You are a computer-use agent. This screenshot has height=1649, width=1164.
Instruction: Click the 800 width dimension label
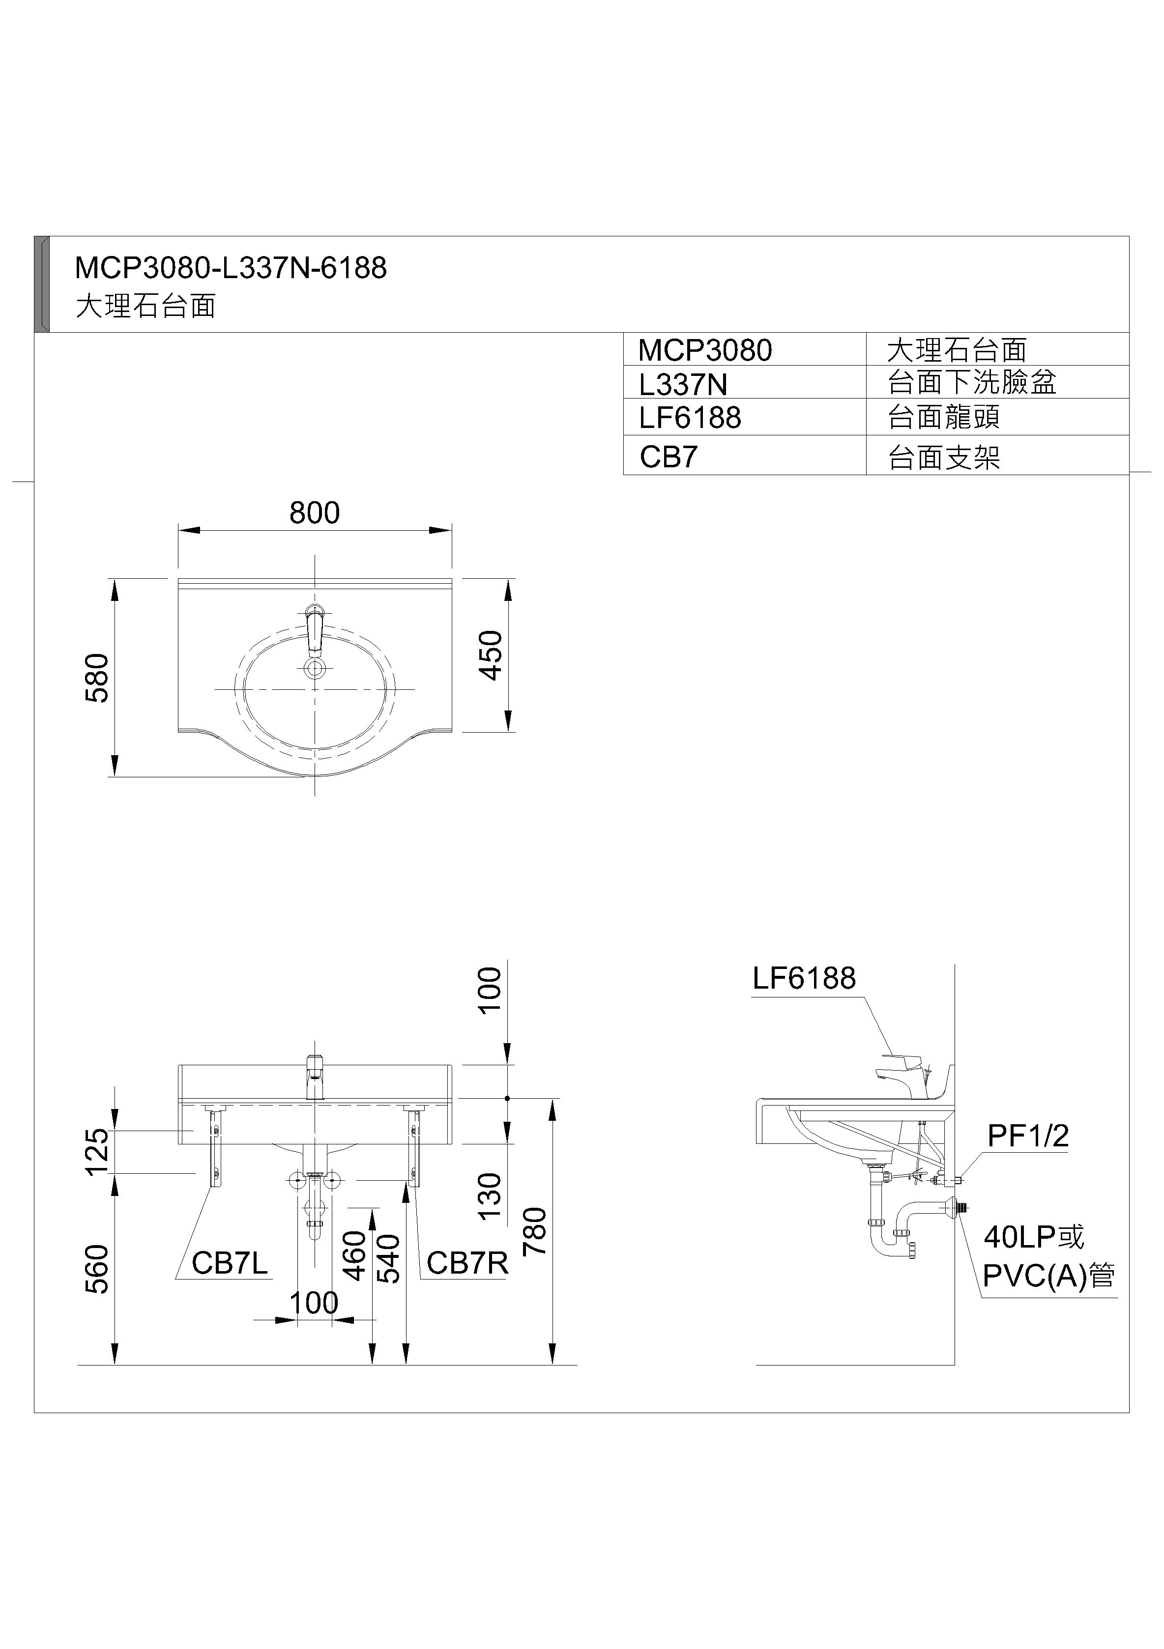click(x=314, y=513)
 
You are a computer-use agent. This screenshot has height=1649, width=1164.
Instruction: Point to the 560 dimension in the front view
click(x=97, y=1269)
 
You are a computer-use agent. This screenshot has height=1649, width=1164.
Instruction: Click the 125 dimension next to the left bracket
click(x=97, y=1151)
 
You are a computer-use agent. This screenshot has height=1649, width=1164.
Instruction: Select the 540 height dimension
click(x=389, y=1258)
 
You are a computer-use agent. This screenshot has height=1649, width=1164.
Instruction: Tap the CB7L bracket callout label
click(x=229, y=1263)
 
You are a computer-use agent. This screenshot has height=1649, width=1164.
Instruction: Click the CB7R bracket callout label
click(x=467, y=1263)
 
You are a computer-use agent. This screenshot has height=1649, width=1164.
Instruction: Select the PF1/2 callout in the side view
click(x=1027, y=1136)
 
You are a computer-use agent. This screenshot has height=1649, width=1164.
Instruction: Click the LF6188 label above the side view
click(x=804, y=978)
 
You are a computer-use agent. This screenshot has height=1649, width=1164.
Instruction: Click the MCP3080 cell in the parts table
click(x=705, y=350)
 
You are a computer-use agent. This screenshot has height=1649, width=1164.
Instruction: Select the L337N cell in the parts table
click(x=683, y=385)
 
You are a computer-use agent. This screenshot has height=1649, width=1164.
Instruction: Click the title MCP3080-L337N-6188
click(x=231, y=268)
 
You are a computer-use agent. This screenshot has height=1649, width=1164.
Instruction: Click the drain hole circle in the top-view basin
click(x=315, y=669)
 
